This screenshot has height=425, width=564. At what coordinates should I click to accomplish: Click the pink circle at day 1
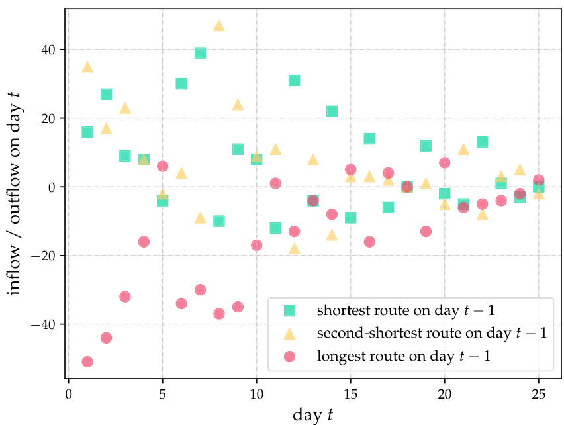(x=87, y=361)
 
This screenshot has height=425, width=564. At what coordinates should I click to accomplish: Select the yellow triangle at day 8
(x=219, y=26)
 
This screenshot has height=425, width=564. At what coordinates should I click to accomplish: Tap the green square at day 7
(x=200, y=53)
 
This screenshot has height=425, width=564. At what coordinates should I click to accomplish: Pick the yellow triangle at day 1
(x=87, y=67)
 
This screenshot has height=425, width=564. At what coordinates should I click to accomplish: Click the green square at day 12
(x=294, y=81)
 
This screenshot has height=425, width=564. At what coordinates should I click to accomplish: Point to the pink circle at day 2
(x=106, y=338)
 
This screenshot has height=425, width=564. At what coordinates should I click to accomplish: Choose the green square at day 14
(x=332, y=111)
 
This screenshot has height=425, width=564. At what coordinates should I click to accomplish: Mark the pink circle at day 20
(x=445, y=163)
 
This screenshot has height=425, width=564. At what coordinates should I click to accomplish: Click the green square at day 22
(x=482, y=142)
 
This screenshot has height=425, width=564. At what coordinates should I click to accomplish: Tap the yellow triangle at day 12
(x=294, y=249)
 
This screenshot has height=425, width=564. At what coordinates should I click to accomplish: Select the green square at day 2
(x=106, y=94)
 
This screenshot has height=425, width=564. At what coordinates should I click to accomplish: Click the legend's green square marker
(x=289, y=310)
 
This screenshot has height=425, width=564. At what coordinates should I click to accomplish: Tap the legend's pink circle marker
(x=289, y=356)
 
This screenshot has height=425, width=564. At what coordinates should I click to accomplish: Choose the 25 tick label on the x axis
(x=538, y=395)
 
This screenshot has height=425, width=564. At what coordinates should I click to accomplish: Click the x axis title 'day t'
(x=312, y=415)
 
